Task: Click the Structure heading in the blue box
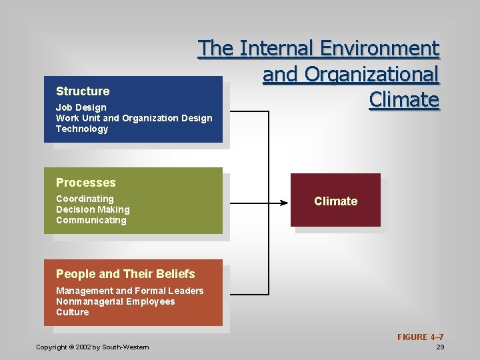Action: point(83,91)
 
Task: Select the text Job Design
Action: point(81,107)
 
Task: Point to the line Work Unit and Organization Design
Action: point(134,118)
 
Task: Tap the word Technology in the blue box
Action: point(82,129)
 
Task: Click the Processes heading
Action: point(86,183)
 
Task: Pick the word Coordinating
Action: point(85,199)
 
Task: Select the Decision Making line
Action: point(93,209)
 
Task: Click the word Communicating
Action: point(91,220)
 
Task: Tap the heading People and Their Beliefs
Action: point(125,274)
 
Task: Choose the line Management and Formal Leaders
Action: point(130,291)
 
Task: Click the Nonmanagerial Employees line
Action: point(115,301)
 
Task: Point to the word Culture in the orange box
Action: point(72,312)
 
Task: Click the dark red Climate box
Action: point(336,201)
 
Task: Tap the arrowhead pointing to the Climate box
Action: point(284,201)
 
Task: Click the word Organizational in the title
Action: point(351,75)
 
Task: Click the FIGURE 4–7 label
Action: point(421,337)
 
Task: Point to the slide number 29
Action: point(440,347)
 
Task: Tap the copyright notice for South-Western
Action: point(93,347)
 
